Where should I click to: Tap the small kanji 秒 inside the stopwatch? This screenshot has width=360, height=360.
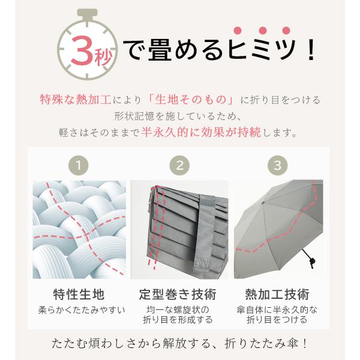(x=103, y=57)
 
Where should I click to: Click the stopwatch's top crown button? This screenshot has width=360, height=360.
(x=87, y=13)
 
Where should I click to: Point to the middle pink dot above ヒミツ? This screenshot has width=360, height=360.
(x=263, y=31)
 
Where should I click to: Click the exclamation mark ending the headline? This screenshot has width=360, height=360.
(x=311, y=50)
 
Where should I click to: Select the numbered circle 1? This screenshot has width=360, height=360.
(x=79, y=166)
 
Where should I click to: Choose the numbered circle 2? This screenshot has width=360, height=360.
(x=179, y=166)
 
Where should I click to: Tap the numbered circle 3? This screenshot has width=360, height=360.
(x=278, y=166)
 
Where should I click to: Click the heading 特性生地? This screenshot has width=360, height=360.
(x=79, y=295)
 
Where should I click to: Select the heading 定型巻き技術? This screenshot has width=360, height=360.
(x=178, y=295)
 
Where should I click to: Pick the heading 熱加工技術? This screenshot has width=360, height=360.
(x=277, y=295)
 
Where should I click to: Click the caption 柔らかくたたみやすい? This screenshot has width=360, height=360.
(x=82, y=310)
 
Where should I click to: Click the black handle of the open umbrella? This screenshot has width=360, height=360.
(x=308, y=258)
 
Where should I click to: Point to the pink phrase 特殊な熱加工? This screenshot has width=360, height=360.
(x=76, y=100)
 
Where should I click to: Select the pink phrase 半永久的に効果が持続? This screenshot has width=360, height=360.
(x=201, y=132)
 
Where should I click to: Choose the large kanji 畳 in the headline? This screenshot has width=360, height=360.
(x=160, y=50)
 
